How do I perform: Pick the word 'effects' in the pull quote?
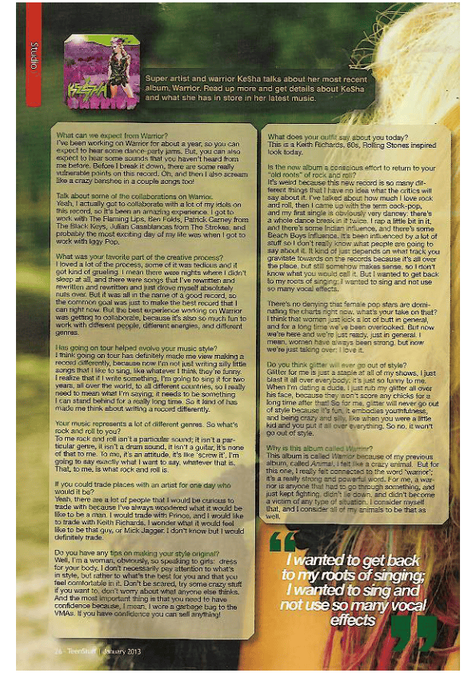tap(352, 619)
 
